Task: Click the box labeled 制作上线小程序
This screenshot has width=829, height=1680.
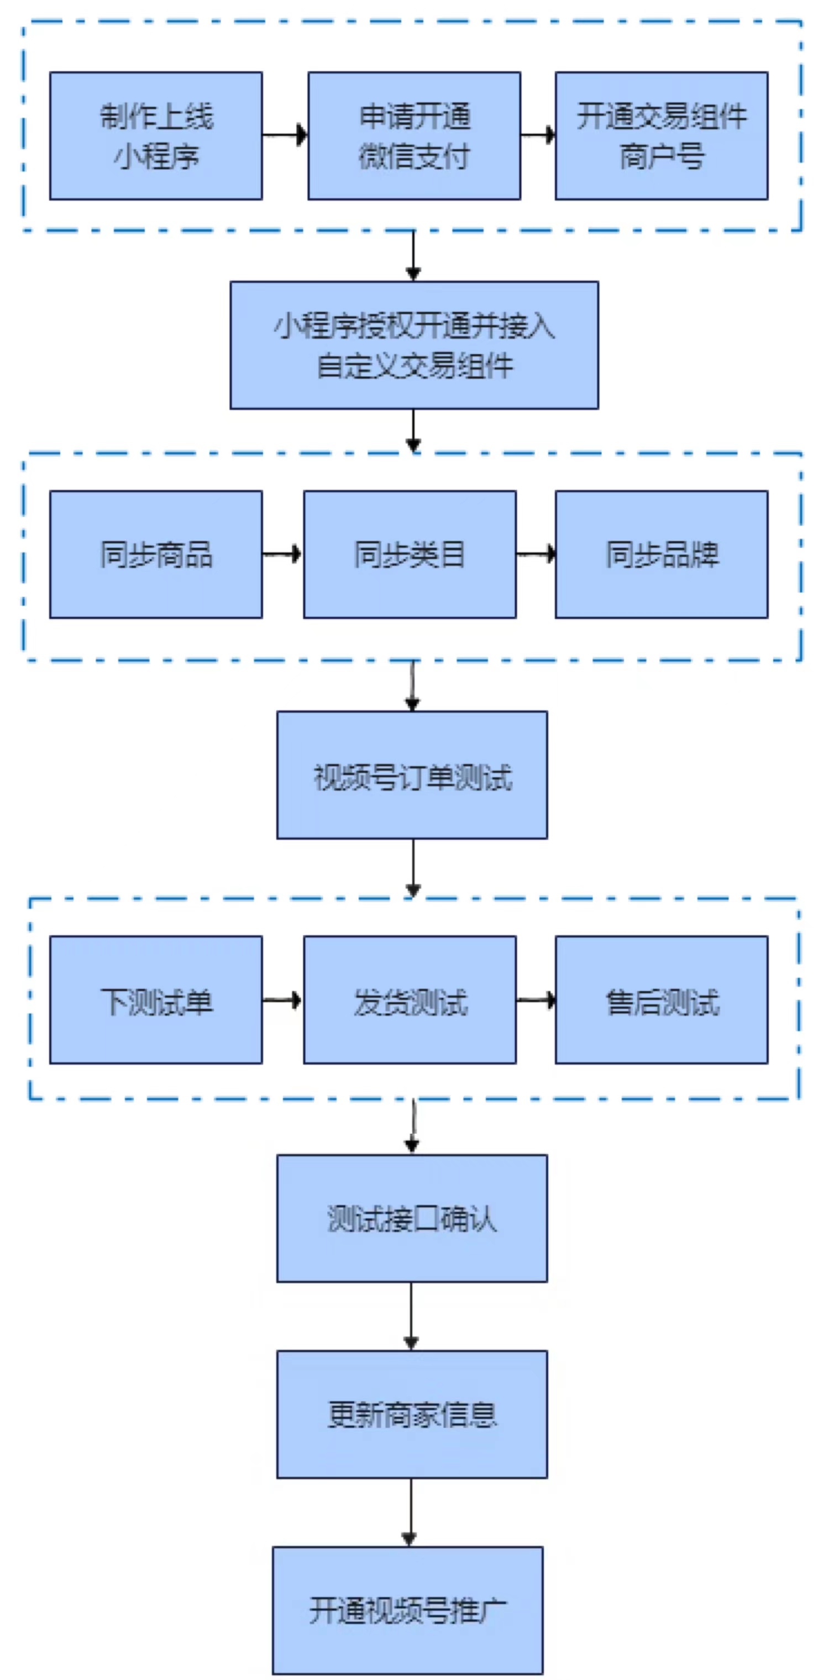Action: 156,136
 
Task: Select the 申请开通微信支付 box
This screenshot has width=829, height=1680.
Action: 414,136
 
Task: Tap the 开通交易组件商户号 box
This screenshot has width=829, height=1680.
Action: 662,136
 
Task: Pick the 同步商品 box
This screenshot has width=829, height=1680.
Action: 156,554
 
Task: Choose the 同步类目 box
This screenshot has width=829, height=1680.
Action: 410,554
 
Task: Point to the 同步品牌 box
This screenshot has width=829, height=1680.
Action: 662,554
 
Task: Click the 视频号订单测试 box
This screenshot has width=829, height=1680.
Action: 412,775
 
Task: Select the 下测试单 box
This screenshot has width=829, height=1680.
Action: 156,1000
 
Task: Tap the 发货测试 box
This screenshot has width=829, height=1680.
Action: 410,1000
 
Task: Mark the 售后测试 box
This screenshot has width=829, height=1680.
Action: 662,1000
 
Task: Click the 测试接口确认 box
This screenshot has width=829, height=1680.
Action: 412,1218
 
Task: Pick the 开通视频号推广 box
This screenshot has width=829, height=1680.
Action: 408,1610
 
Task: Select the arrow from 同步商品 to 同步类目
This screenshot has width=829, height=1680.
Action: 282,554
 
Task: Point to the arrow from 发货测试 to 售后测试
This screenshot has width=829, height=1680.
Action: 536,1000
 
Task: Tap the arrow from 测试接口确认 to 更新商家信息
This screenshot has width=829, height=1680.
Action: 411,1316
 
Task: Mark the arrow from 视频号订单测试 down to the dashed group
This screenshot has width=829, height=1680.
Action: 413,868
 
